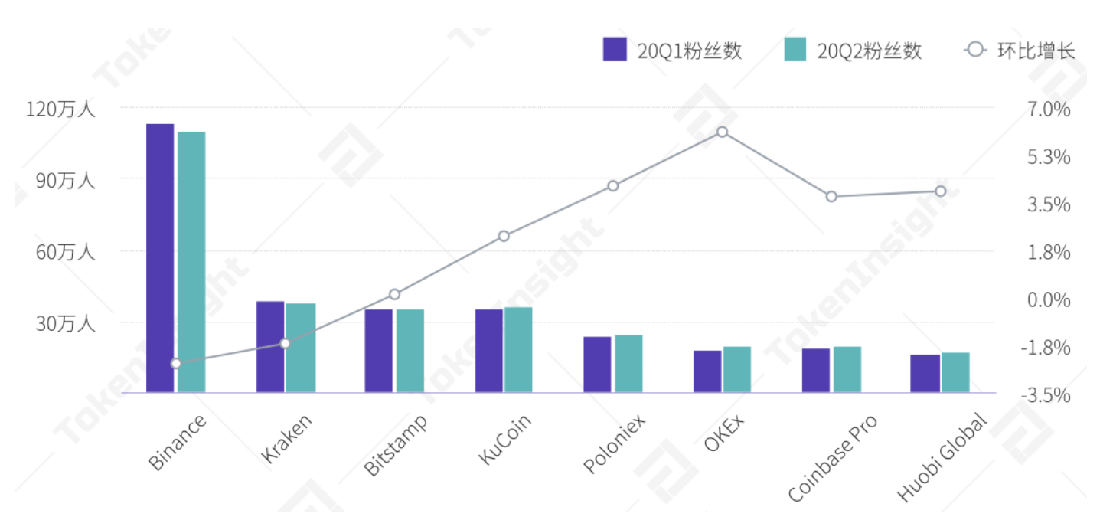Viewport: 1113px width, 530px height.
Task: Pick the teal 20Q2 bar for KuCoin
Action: tap(518, 350)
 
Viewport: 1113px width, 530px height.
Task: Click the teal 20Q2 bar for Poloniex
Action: tap(628, 364)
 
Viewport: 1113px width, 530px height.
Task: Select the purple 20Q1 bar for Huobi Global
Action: tap(925, 374)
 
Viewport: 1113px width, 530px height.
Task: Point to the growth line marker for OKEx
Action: tap(722, 132)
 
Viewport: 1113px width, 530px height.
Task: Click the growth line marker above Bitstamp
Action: tap(394, 294)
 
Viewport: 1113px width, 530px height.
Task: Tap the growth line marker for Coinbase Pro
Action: tap(831, 197)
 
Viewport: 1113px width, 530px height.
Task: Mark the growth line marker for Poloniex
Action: tap(612, 185)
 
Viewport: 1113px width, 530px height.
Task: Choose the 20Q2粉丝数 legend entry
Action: tap(853, 51)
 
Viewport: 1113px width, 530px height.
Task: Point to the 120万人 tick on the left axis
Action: tap(60, 108)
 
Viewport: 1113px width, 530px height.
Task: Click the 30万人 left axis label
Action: tap(64, 323)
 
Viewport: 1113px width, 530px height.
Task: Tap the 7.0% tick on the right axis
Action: tap(1049, 109)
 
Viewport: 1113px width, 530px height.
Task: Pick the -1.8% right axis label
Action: tap(1046, 348)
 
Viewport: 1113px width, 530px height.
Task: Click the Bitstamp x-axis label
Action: tap(396, 446)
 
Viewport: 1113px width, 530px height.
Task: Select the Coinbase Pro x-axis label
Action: tap(832, 458)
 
